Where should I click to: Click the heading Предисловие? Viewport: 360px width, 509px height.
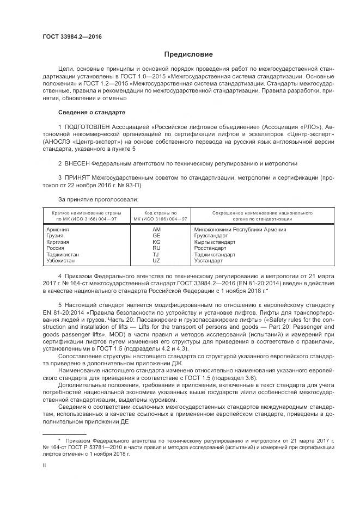coord(188,54)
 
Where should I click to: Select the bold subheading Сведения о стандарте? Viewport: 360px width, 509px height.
coord(91,112)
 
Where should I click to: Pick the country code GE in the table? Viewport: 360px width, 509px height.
coord(157,236)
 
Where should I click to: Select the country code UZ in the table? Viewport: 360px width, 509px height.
coord(157,260)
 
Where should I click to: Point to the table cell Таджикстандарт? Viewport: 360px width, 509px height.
coord(215,254)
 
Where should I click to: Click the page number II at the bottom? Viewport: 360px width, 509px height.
coord(45,465)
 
